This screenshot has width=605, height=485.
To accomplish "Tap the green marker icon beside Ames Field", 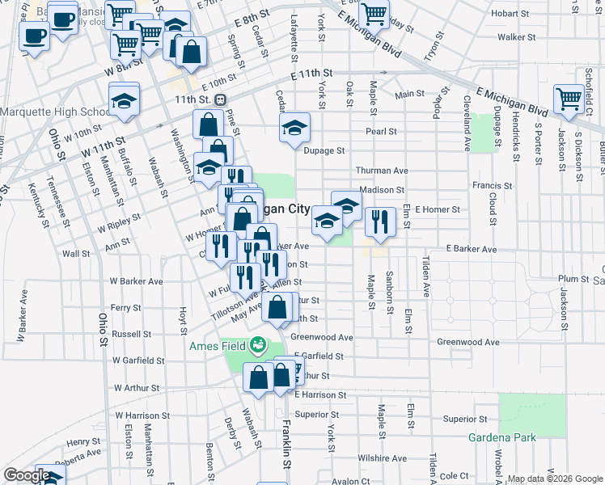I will (x=258, y=346).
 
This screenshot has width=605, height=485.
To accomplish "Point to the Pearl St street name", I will (x=381, y=131).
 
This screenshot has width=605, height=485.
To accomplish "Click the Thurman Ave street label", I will (x=383, y=171).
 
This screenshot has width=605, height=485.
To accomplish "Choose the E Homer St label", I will (x=437, y=209).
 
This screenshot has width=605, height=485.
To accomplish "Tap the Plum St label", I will (x=573, y=279).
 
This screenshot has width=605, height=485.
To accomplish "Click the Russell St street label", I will (x=132, y=333).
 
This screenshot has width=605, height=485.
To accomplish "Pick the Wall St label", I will (x=76, y=254).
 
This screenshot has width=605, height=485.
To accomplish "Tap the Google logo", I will (x=27, y=475).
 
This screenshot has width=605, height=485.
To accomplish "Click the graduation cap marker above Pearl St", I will (x=294, y=126).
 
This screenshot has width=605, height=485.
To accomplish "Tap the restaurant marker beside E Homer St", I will (x=379, y=221).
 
